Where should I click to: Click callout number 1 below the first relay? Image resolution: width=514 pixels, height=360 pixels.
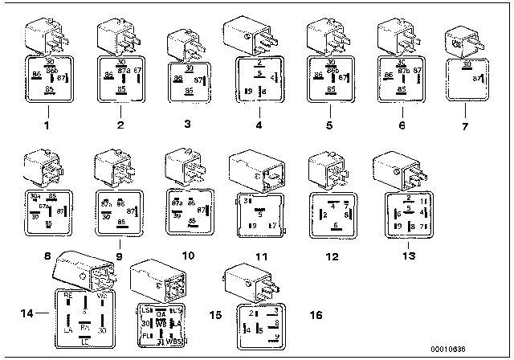click(x=46, y=125)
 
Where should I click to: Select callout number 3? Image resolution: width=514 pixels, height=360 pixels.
click(x=187, y=125)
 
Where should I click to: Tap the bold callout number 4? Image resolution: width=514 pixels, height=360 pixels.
click(x=258, y=125)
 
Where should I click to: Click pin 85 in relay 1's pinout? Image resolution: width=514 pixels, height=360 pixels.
click(x=49, y=92)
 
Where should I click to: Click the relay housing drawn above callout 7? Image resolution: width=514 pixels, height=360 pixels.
click(x=462, y=39)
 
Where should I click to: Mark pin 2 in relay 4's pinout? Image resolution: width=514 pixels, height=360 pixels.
click(x=259, y=61)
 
